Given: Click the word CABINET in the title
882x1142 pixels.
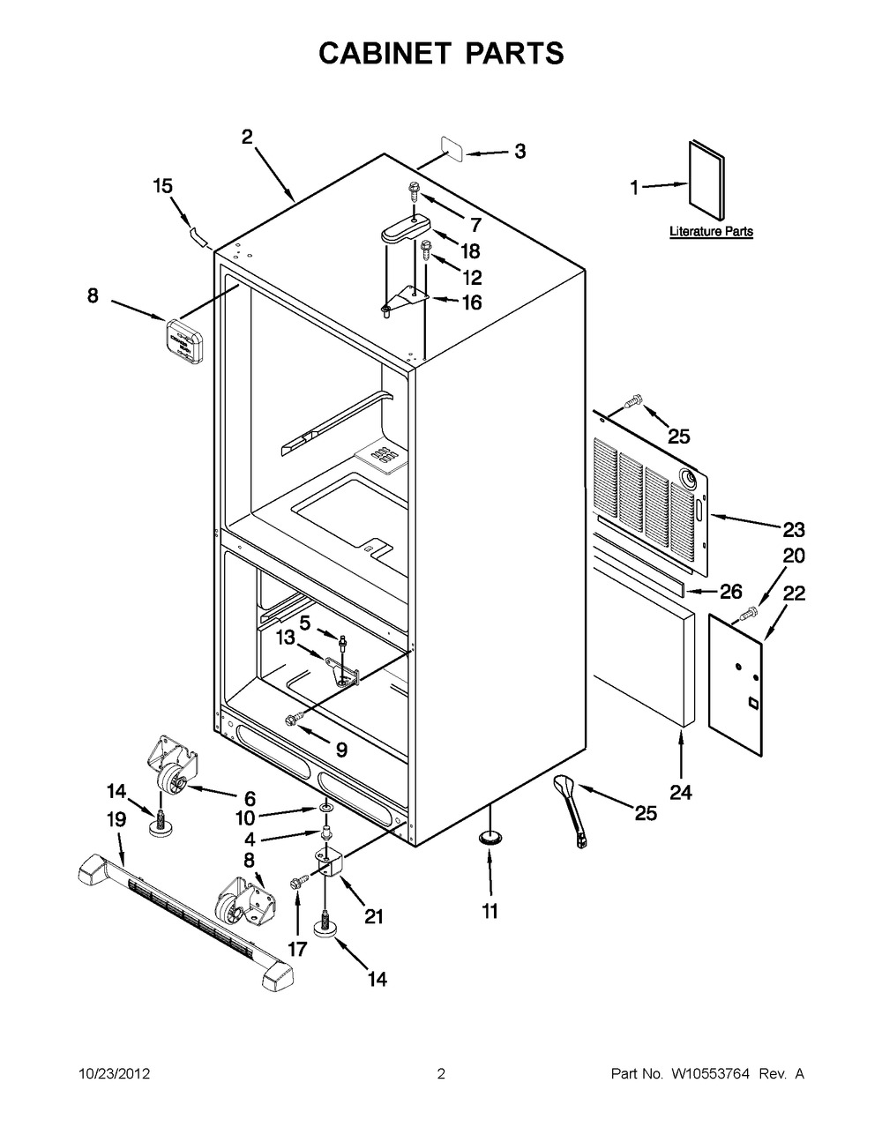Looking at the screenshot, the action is coord(385,54).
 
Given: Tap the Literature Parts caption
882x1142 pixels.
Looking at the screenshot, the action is coord(711,231).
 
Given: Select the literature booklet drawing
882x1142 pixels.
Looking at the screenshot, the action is coord(706,180).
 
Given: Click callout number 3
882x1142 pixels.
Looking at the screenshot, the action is coord(519,152).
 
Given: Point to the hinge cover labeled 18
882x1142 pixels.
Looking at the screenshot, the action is coord(405,231).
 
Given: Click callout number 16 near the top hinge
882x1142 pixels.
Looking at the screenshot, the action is coord(472,302).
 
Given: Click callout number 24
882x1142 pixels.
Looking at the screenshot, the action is coord(681,792).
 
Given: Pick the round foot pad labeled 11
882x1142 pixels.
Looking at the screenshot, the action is coord(490,837).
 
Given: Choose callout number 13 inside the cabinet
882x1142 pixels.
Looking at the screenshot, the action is coord(286,638).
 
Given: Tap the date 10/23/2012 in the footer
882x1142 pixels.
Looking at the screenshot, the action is coord(114,1073).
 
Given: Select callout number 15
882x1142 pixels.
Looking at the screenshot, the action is coord(163,186).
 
